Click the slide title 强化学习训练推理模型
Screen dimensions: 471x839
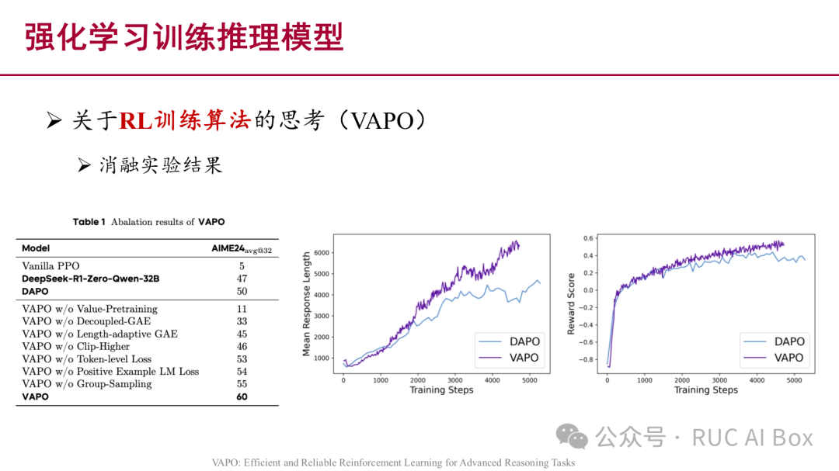tap(184, 37)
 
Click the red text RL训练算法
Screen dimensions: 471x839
tap(185, 121)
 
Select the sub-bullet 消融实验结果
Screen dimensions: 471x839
tap(160, 165)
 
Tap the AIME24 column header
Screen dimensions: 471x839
tap(242, 248)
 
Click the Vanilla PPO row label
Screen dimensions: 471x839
tap(50, 266)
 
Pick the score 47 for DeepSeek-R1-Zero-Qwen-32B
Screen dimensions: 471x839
tap(242, 279)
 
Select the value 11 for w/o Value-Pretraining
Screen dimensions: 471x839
tap(242, 309)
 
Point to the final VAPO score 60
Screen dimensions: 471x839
tap(242, 397)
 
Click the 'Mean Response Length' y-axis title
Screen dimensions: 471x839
tap(307, 304)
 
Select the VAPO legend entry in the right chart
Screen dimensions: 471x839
tap(789, 358)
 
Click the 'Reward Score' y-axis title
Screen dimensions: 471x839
tap(572, 304)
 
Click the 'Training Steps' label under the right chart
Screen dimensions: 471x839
tap(706, 390)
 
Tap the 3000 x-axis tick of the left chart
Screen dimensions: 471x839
tap(455, 380)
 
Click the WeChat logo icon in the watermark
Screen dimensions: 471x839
tap(576, 438)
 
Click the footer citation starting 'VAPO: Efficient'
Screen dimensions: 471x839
tap(393, 462)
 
